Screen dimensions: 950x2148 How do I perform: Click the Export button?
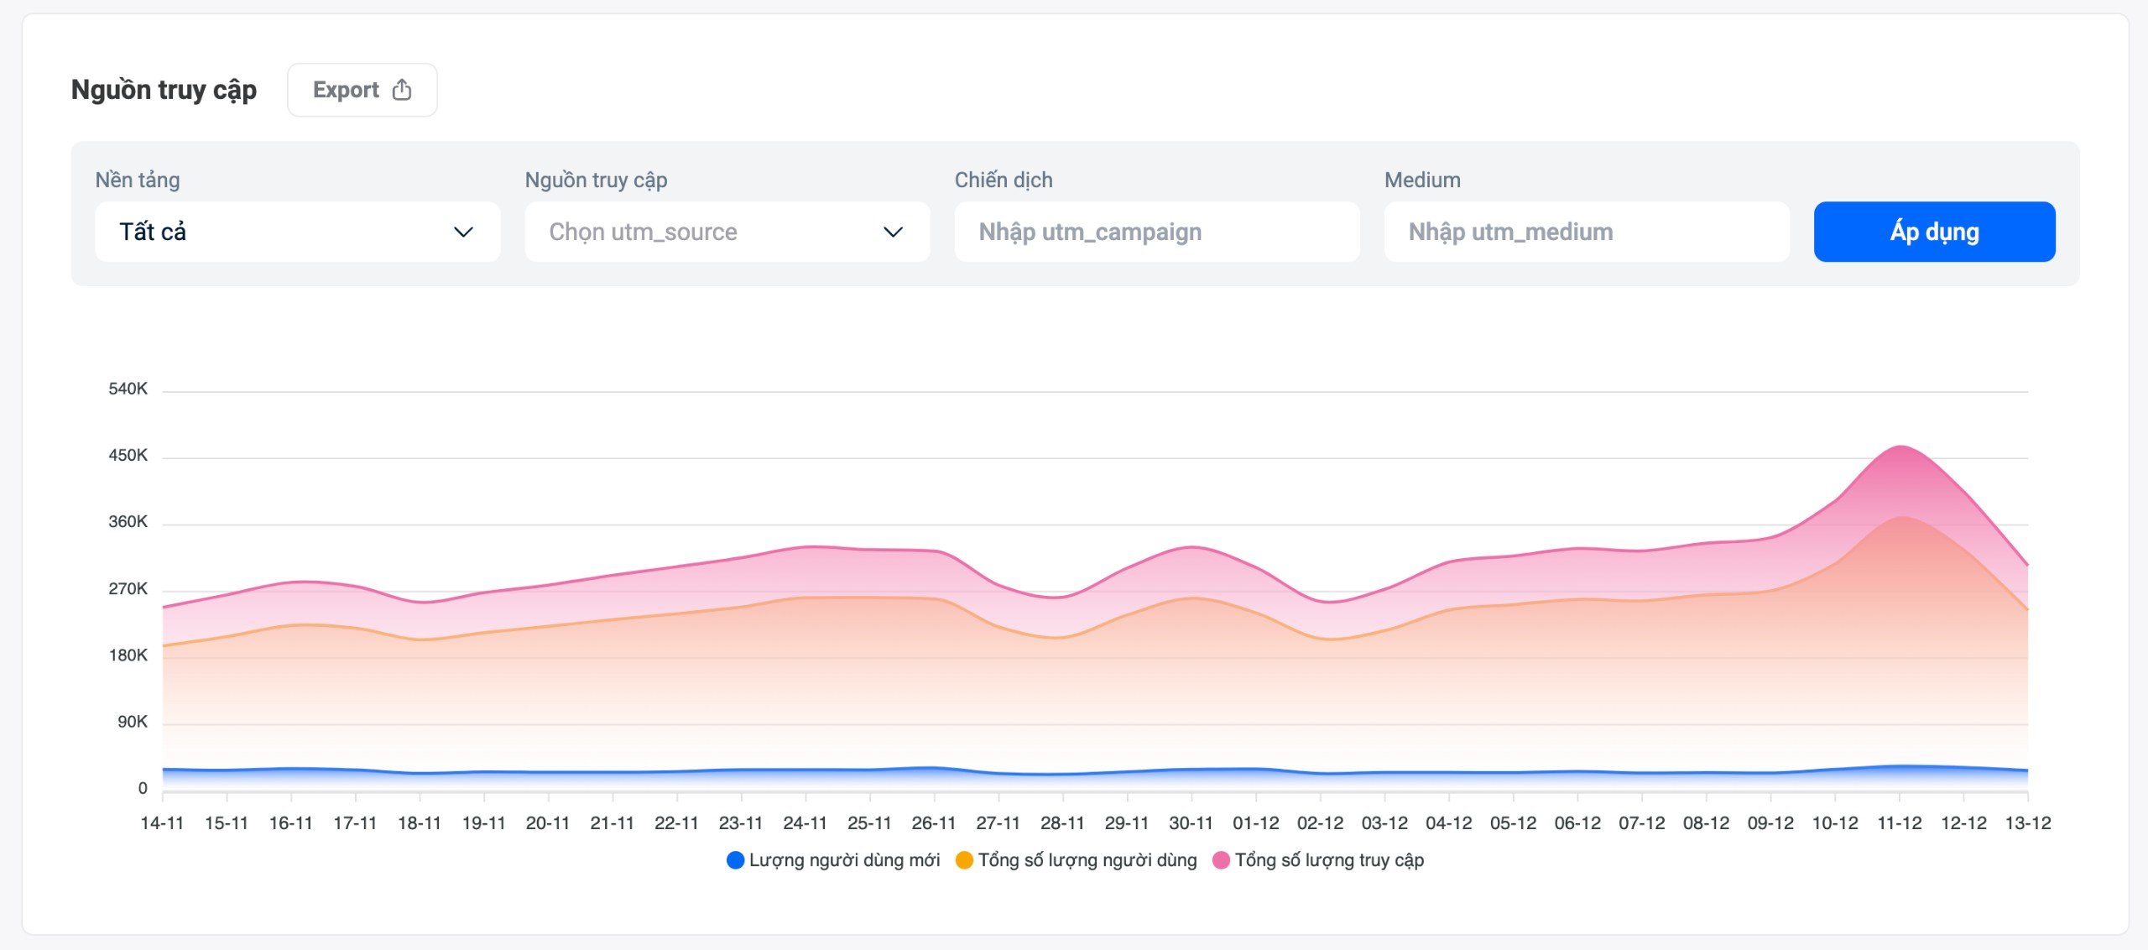pos(362,90)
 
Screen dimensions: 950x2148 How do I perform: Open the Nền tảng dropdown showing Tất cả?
pos(297,232)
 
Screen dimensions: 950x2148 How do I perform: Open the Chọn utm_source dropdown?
pos(727,232)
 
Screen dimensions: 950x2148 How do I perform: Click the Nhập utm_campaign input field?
pos(1156,232)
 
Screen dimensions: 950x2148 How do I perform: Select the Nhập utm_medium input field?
pos(1586,232)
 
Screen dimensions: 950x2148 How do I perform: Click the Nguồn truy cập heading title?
pos(164,90)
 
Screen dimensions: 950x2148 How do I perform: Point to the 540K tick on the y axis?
pos(128,389)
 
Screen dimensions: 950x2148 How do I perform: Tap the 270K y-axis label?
pos(128,588)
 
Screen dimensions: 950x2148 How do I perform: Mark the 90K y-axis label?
pos(132,722)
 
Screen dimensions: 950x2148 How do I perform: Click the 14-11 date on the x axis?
pos(162,823)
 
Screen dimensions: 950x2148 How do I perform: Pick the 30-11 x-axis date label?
pos(1191,823)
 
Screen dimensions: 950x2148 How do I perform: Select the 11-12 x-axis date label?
pos(1899,823)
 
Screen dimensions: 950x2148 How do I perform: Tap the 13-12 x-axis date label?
pos(2027,823)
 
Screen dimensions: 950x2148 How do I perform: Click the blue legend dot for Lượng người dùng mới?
pos(735,860)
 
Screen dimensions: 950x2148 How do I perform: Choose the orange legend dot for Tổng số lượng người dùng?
pos(964,860)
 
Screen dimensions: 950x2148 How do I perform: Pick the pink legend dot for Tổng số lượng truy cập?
pos(1221,860)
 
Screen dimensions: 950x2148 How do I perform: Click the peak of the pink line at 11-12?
pos(1900,446)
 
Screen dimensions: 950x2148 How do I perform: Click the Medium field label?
pos(1422,180)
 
